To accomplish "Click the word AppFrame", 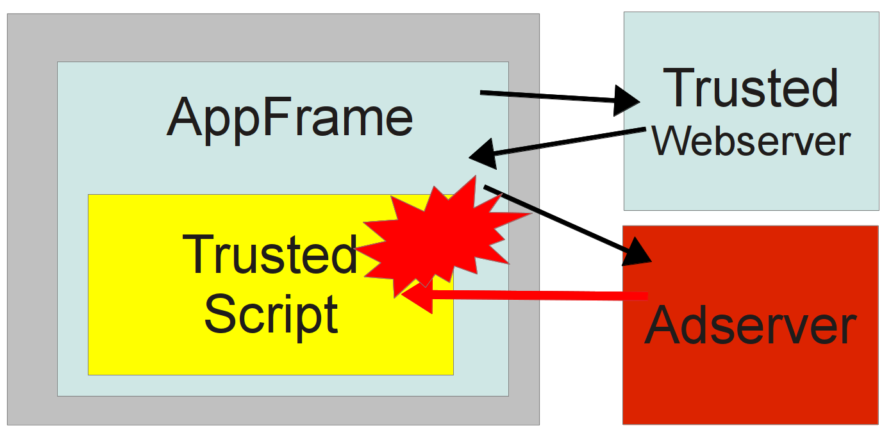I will [290, 117].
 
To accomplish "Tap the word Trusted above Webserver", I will [751, 88].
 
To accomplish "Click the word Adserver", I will [751, 326].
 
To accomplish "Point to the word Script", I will [271, 313].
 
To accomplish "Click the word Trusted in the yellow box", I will [270, 254].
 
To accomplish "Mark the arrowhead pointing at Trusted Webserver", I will [625, 101].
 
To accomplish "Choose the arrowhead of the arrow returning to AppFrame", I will [484, 154].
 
